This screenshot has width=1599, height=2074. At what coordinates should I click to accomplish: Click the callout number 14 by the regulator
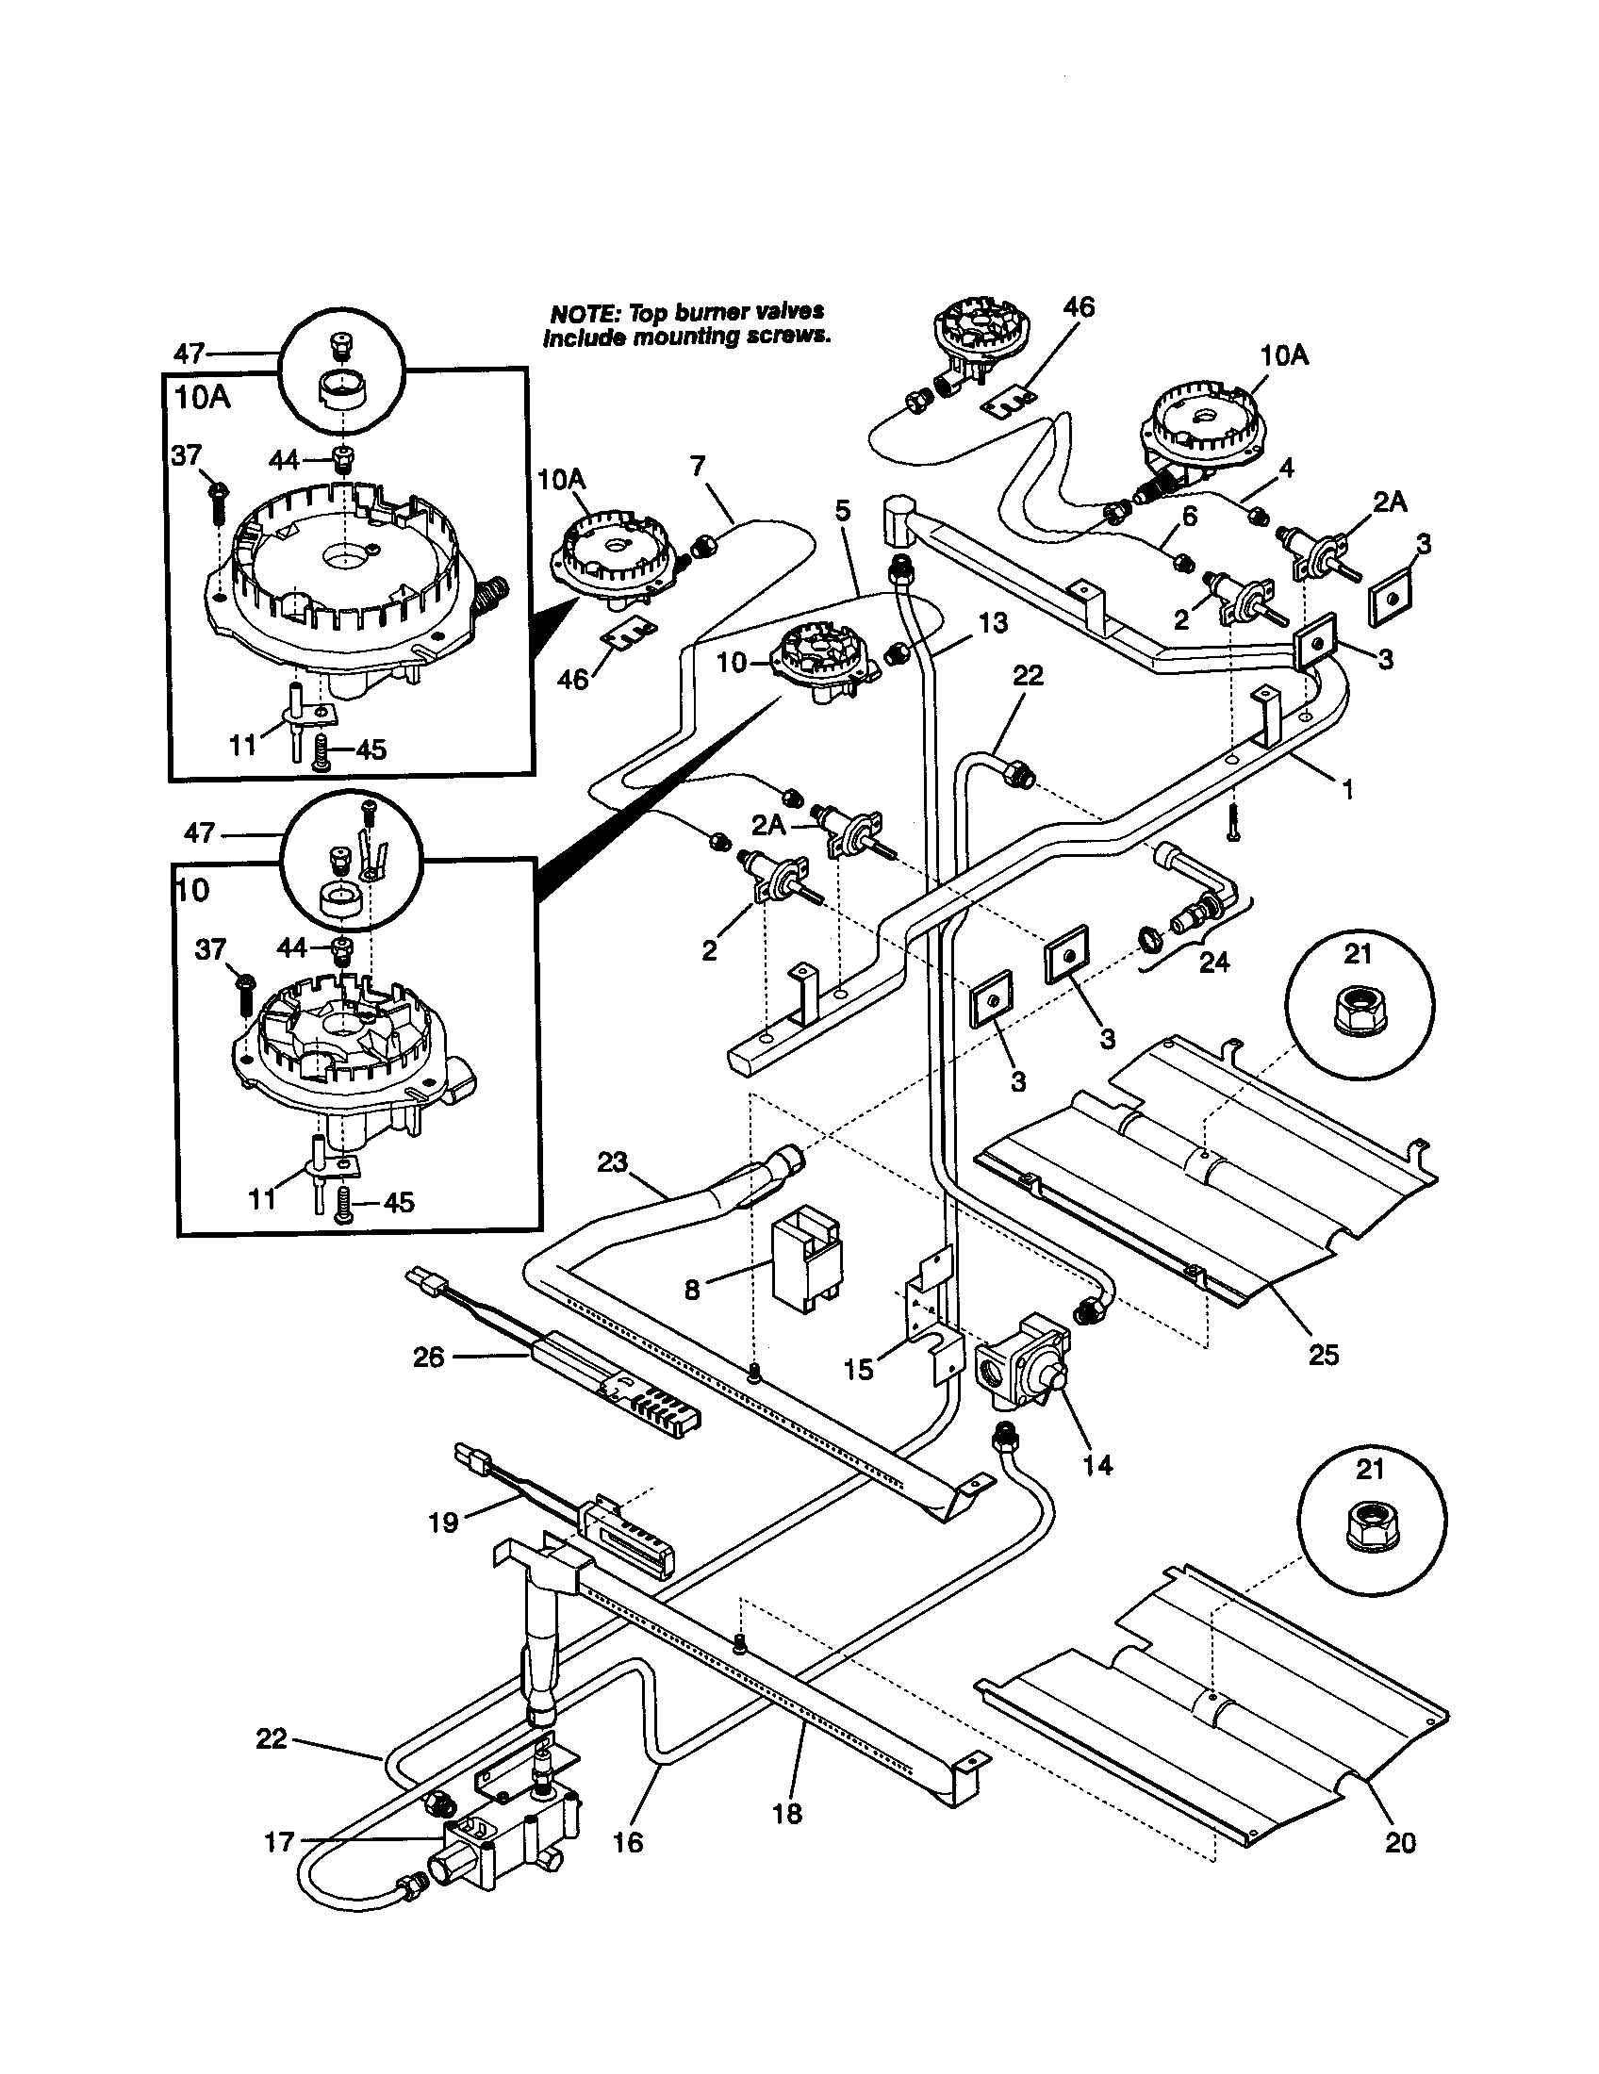click(1096, 1465)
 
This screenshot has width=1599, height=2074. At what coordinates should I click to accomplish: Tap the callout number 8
click(692, 1290)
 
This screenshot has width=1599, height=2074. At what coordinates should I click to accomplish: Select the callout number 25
click(1323, 1355)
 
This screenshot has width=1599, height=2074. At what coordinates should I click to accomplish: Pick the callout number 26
click(428, 1357)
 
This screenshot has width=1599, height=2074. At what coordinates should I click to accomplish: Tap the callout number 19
click(443, 1522)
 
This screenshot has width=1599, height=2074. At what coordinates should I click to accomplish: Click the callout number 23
click(613, 1161)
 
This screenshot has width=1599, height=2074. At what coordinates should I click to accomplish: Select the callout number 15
click(858, 1370)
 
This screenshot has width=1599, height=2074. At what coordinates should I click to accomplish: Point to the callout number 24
click(1213, 962)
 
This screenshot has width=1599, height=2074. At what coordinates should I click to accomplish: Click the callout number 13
click(992, 623)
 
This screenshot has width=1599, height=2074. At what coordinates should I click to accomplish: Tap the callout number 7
click(698, 467)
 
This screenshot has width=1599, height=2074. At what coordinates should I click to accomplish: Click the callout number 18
click(787, 1813)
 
